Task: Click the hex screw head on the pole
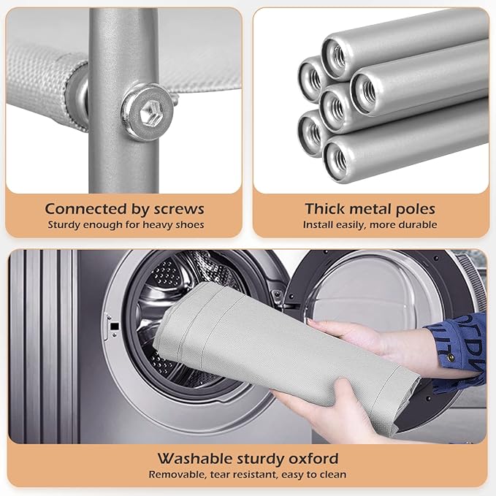(148, 111)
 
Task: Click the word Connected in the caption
(85, 209)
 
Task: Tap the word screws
(179, 210)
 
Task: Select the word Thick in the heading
(324, 209)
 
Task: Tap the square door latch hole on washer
(115, 326)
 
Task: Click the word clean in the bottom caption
(335, 475)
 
